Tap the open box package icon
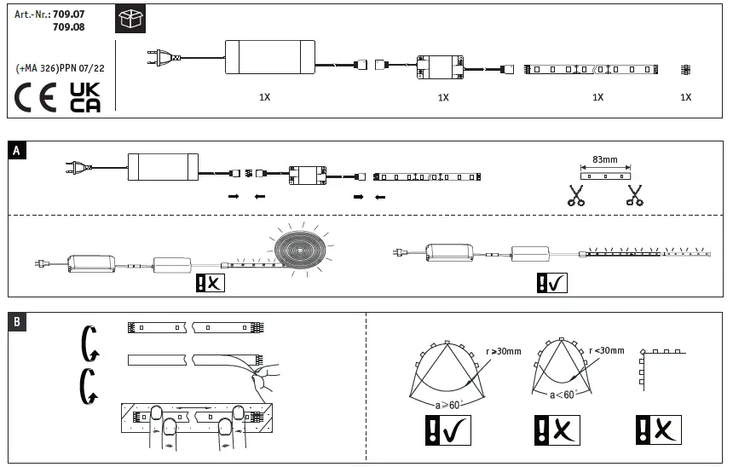130,20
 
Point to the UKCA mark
84,97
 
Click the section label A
17,151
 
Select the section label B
17,321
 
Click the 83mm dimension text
605,159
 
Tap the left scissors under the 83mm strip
577,195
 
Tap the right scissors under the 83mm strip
633,195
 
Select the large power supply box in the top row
268,57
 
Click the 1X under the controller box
443,98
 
